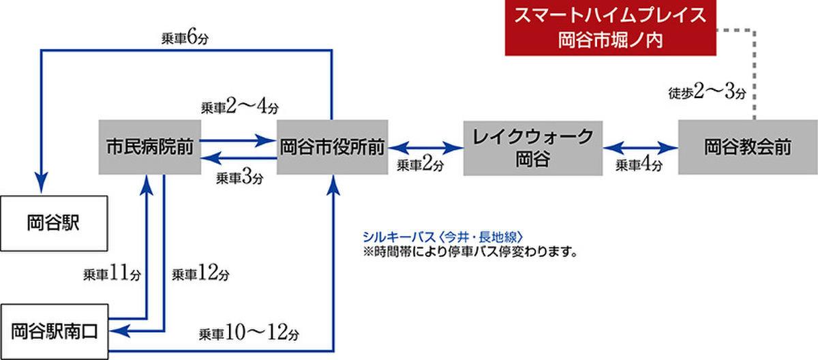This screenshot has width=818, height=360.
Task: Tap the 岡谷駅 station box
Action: click(54, 223)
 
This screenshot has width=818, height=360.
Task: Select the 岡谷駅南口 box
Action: click(54, 331)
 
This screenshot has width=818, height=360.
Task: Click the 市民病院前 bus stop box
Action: click(148, 146)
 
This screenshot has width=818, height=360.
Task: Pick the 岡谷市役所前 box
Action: click(332, 146)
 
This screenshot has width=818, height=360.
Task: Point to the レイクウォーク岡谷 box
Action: click(533, 146)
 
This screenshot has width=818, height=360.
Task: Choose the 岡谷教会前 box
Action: click(747, 146)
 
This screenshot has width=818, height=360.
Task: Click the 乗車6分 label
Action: click(184, 38)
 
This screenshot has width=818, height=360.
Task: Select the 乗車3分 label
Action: click(239, 178)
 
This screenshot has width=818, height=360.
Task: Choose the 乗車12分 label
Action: click(200, 274)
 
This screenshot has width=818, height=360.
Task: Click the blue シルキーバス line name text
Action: click(444, 237)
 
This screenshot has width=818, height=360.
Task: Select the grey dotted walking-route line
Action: click(755, 68)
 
